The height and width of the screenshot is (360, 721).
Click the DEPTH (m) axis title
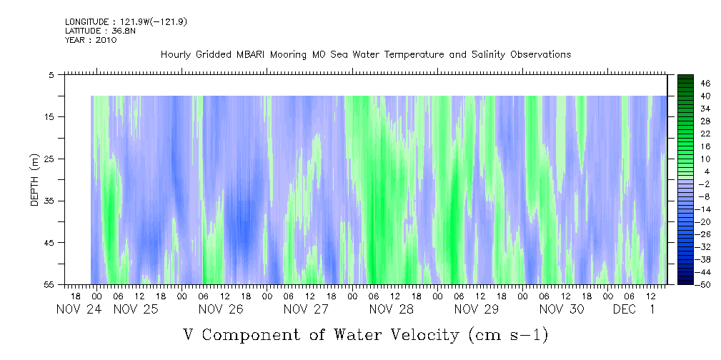coord(34,184)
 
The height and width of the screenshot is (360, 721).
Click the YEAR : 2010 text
coord(91,40)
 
